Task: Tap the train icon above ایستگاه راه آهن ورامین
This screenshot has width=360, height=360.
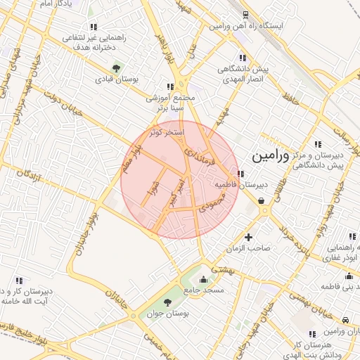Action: point(245,15)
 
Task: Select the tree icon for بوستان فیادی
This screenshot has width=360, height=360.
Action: point(115,68)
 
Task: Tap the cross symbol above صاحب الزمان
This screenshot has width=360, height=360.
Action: point(247,236)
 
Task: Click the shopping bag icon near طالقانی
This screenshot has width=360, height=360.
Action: point(262,201)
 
